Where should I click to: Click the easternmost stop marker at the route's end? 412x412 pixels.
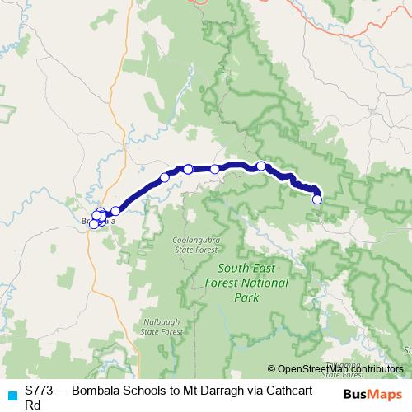coord(317,199)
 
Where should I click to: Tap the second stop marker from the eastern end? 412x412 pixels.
coord(261,166)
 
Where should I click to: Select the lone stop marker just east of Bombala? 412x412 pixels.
coord(115,211)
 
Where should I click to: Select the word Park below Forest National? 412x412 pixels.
coord(246,297)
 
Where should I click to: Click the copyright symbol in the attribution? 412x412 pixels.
coord(271,369)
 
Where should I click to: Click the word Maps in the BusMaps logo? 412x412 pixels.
coord(383,395)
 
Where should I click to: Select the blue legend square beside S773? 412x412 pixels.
coord(12,394)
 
